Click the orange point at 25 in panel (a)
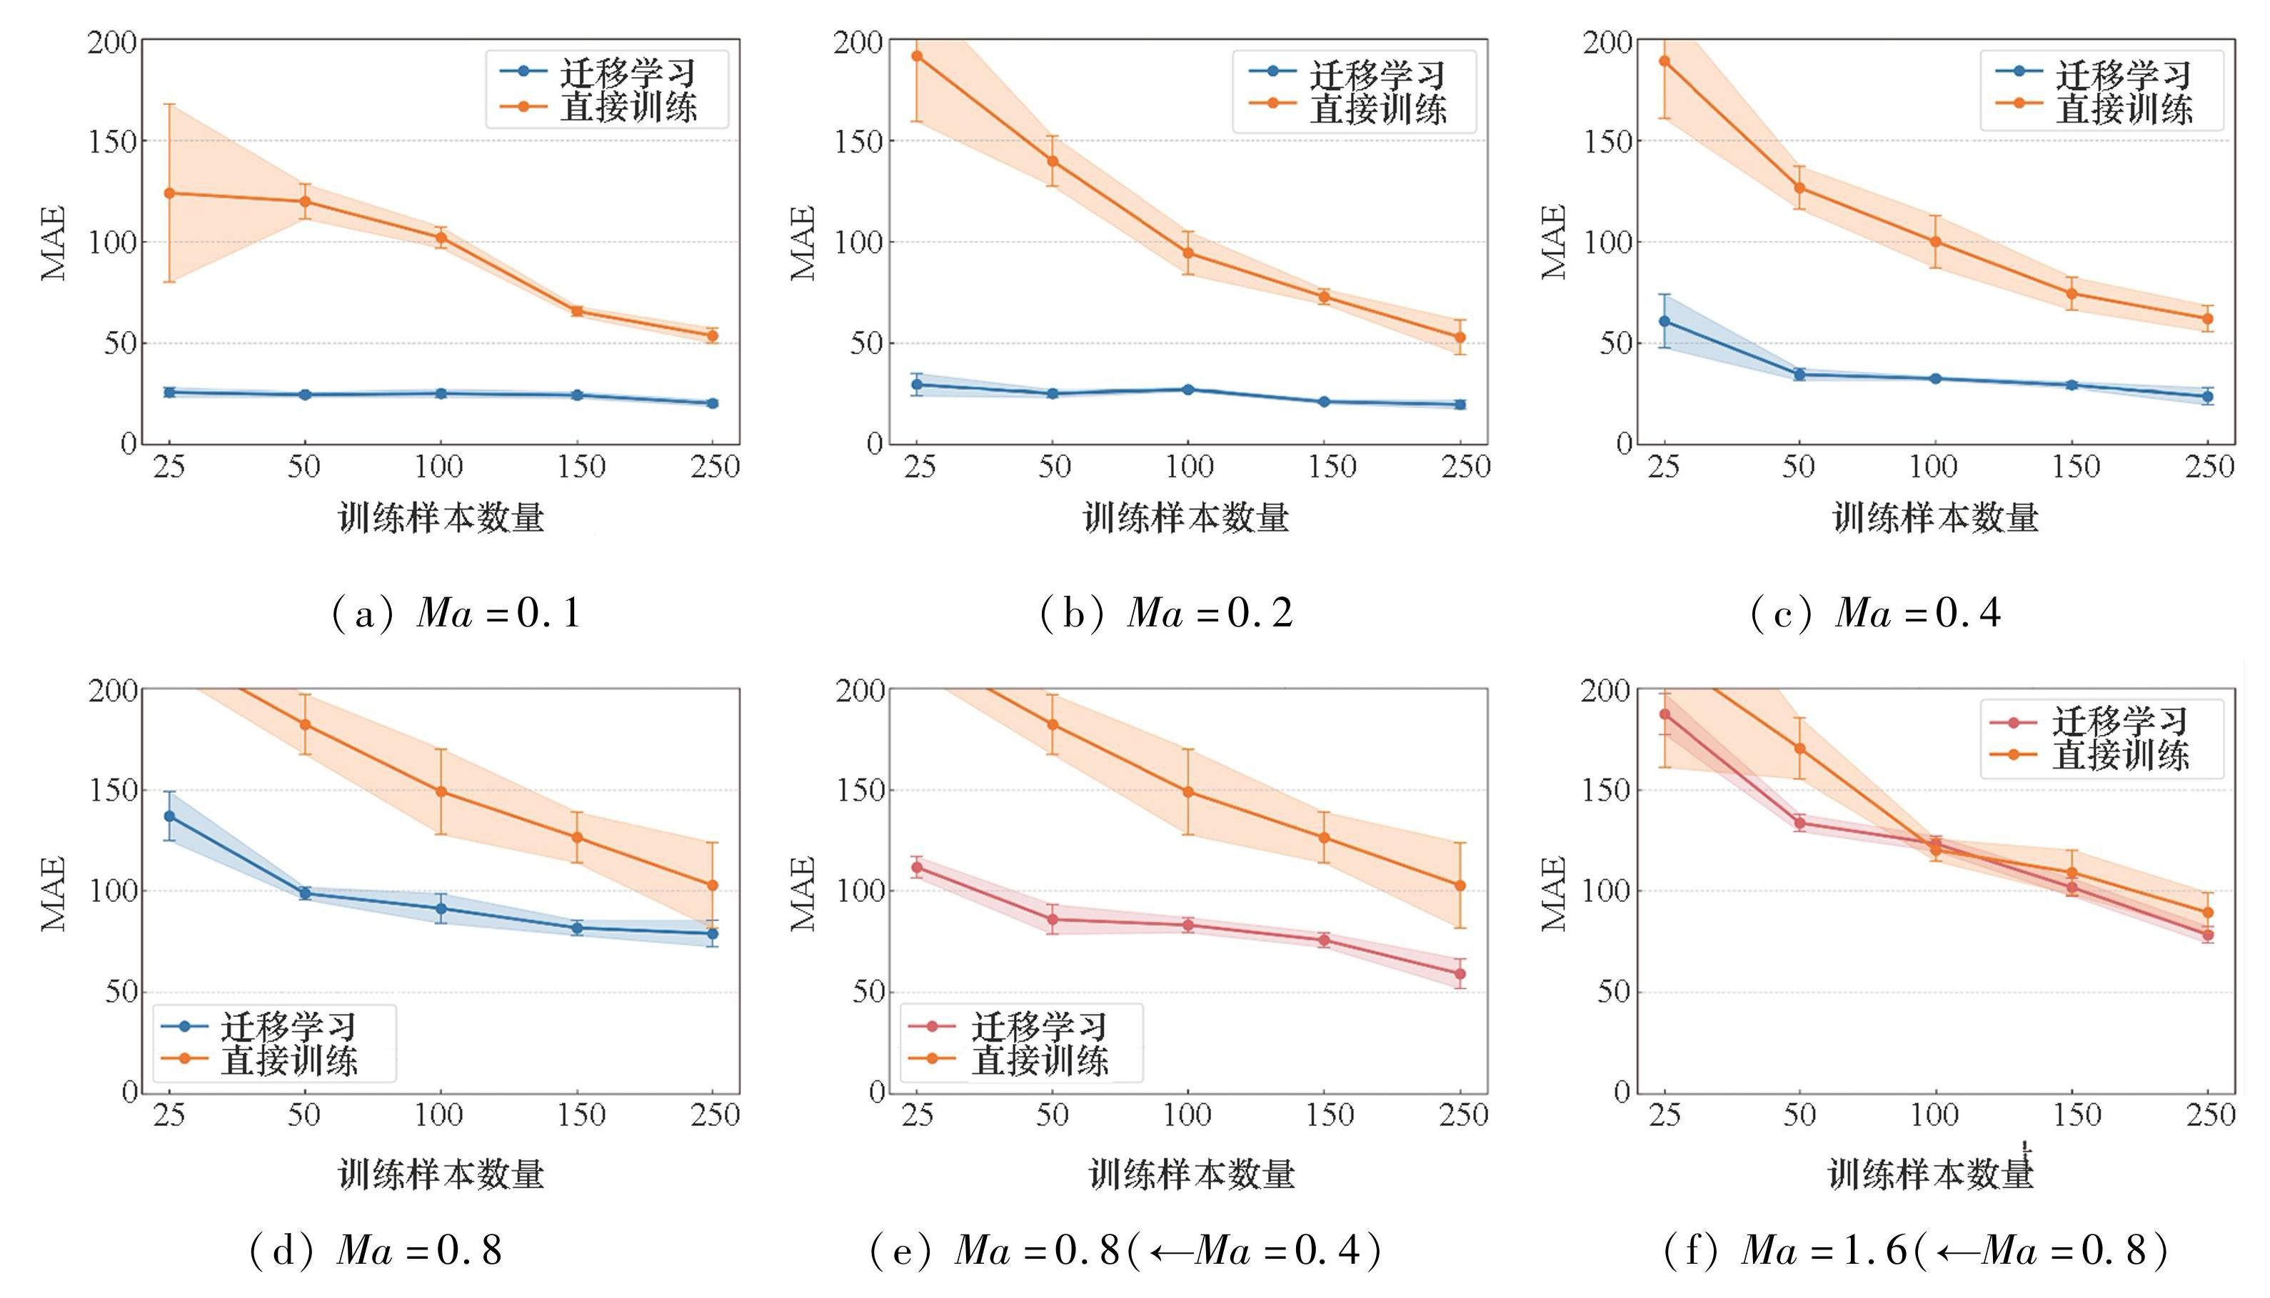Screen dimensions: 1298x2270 click(x=169, y=193)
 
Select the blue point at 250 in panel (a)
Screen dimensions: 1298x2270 click(x=712, y=403)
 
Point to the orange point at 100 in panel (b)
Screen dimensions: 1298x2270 click(x=1188, y=253)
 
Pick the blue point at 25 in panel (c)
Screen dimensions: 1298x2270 click(x=1664, y=321)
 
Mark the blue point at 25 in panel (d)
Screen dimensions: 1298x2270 click(x=169, y=816)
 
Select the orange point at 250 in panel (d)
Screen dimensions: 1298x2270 click(x=712, y=886)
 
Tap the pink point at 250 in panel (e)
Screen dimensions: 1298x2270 click(x=1460, y=973)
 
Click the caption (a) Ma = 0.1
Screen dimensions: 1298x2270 click(x=456, y=614)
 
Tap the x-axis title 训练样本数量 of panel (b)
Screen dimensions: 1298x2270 click(x=1186, y=517)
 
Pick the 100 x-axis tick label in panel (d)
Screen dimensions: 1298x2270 click(x=440, y=1115)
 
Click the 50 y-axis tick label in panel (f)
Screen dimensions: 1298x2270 click(x=1612, y=991)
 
